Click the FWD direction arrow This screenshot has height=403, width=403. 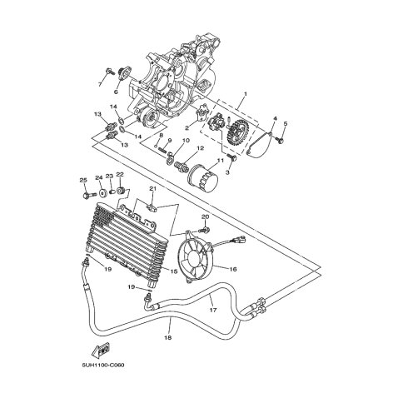101,351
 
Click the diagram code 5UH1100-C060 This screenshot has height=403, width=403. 103,365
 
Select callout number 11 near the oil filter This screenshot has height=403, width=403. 221,160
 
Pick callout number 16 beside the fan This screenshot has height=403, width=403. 233,269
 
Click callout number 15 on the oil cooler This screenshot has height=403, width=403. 173,271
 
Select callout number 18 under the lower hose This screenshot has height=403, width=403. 168,337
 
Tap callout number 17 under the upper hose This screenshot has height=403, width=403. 213,310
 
